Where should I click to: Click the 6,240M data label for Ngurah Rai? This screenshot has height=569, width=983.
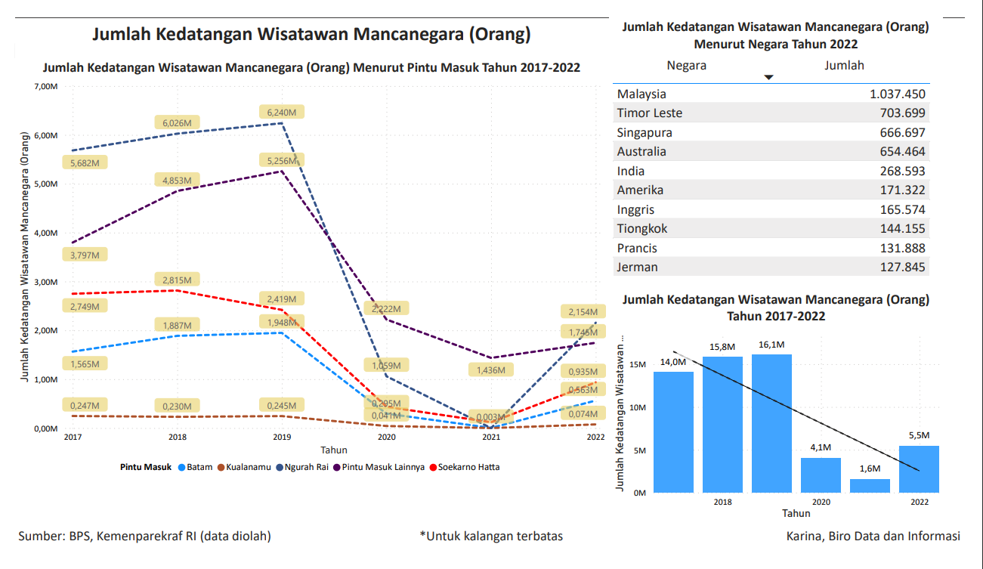(282, 112)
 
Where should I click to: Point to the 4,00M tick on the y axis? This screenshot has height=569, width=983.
(47, 233)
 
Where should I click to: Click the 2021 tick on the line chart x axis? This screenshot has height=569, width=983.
(491, 438)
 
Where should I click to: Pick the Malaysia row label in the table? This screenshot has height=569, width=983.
(641, 94)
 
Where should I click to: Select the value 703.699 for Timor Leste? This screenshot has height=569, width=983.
(898, 113)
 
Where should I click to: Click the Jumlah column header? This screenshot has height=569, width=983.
(844, 65)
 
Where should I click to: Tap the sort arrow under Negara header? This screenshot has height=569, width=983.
(769, 77)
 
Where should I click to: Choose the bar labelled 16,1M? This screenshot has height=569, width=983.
(771, 423)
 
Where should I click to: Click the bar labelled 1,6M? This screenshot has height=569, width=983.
(870, 485)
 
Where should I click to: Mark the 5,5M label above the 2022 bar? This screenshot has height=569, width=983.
(919, 435)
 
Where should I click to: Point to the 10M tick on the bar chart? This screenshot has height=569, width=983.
(638, 407)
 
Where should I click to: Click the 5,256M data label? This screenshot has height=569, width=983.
(282, 160)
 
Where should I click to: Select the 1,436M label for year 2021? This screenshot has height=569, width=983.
(491, 370)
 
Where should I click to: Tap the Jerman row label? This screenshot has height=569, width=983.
(637, 267)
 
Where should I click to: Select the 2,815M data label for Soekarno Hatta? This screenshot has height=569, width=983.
(177, 280)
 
